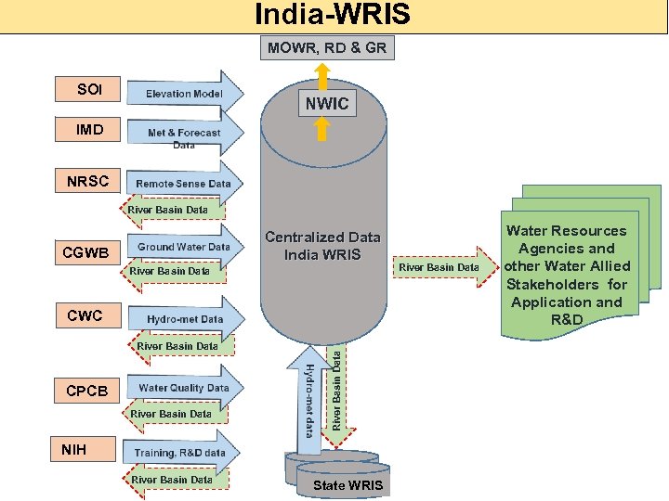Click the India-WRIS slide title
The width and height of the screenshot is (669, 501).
[334, 16]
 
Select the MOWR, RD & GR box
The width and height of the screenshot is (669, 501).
[328, 47]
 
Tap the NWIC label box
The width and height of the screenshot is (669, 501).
[328, 104]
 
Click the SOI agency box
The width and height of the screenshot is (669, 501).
[90, 90]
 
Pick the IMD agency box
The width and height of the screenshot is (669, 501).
[90, 129]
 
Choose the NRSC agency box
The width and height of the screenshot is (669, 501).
[88, 181]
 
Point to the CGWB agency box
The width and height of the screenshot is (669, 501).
[85, 252]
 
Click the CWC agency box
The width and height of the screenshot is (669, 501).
[85, 316]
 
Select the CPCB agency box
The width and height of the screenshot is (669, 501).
[85, 391]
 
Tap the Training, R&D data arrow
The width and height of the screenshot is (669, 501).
[181, 453]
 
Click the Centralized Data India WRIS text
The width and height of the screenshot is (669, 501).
[322, 246]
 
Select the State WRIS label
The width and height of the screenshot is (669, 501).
[347, 485]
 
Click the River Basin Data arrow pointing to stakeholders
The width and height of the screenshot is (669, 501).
[444, 267]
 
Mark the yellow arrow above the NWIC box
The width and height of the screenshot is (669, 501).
[321, 74]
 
